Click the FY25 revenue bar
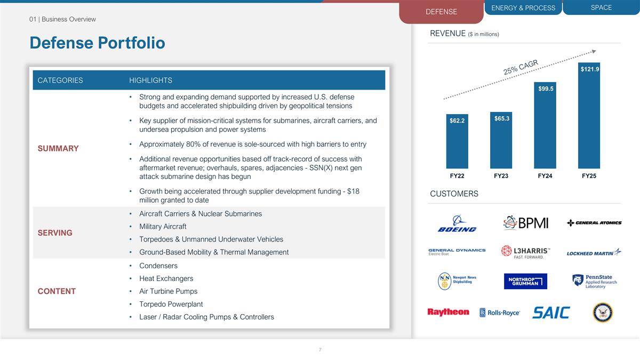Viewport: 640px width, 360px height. (589, 117)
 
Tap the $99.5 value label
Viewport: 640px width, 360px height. (545, 89)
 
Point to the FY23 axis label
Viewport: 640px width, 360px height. (501, 176)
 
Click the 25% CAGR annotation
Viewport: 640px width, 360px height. (521, 68)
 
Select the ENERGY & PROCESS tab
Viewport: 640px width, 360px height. (523, 7)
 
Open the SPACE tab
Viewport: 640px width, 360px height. (601, 7)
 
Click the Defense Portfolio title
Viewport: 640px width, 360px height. (97, 43)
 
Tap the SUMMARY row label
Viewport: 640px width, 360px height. (58, 148)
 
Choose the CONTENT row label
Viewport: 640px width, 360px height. (57, 291)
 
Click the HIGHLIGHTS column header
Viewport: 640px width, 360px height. (150, 81)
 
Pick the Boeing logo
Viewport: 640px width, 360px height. (457, 223)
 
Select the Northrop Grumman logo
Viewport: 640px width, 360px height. (525, 281)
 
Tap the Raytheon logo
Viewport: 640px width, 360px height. (448, 312)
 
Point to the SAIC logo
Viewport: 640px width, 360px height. (551, 313)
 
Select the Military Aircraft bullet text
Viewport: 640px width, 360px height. (163, 227)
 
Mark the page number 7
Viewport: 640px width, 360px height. (320, 350)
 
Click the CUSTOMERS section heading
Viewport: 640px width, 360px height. (454, 194)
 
